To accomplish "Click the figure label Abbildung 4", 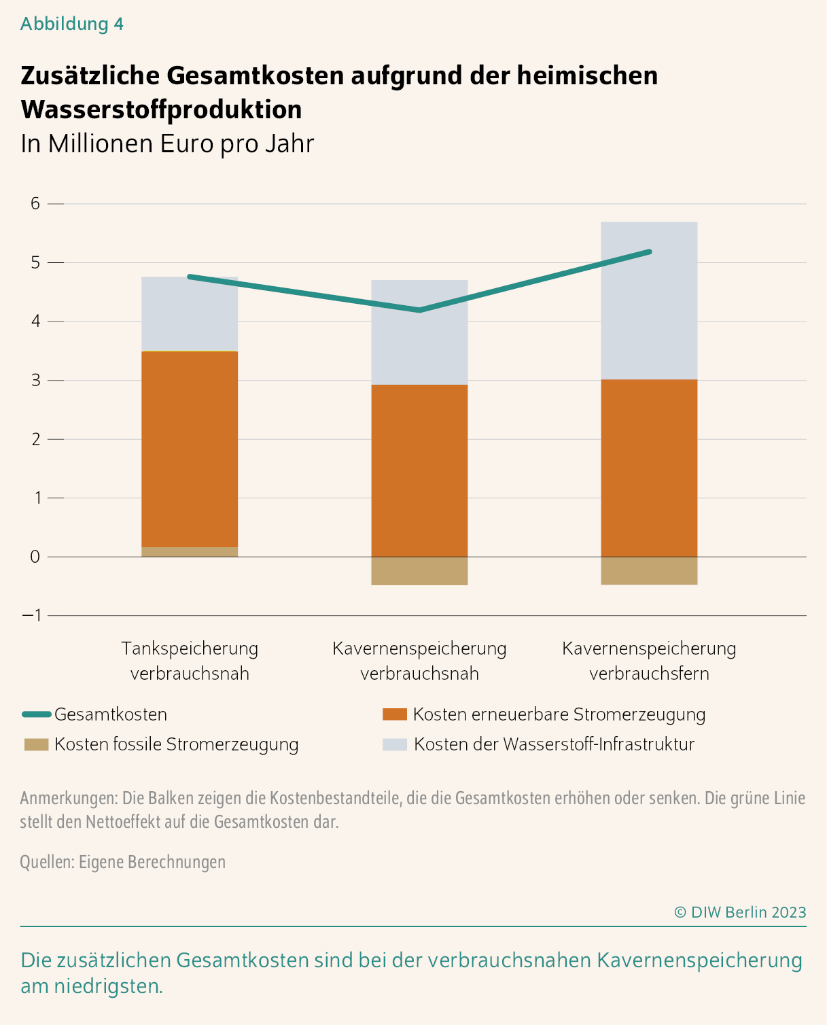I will (x=72, y=24).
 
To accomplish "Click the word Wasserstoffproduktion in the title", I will (x=161, y=109).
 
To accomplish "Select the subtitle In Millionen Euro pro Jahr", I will (x=167, y=144).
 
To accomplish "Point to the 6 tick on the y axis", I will (x=35, y=203).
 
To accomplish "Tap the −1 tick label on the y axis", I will (x=32, y=615).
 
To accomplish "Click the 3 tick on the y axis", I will (x=35, y=380).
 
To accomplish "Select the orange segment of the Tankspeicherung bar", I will (x=190, y=449).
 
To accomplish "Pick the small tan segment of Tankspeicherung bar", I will (x=190, y=552).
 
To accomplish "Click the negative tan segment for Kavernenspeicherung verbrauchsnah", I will (x=419, y=571).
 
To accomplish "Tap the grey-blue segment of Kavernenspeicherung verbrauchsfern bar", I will (x=649, y=306).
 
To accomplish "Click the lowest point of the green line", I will (x=419, y=311).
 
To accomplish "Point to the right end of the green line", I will (x=650, y=251).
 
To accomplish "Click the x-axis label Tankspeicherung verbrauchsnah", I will (x=190, y=661).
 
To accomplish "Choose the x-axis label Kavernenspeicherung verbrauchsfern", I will (x=649, y=661).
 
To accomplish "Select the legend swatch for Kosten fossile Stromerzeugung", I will (x=36, y=744).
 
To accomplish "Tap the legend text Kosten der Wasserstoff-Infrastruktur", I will (x=554, y=744).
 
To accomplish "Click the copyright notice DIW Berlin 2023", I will (x=740, y=912).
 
